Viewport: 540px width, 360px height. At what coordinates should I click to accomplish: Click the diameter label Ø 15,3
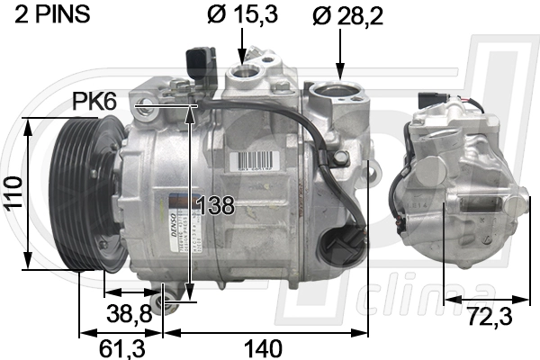click(243, 15)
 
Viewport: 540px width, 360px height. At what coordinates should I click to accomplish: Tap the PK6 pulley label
click(94, 103)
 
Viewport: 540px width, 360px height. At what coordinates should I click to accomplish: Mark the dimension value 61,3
click(112, 346)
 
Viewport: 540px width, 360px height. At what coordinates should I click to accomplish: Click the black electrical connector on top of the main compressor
click(201, 63)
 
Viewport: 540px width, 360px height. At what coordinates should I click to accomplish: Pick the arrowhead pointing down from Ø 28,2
click(340, 70)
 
